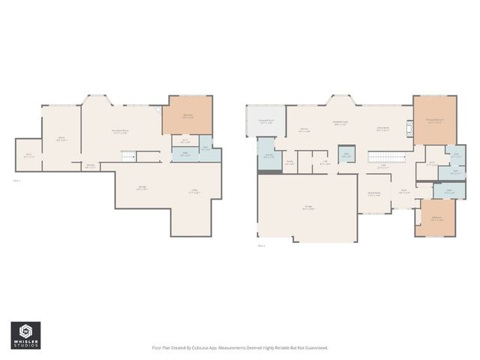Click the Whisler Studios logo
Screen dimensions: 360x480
[25, 333]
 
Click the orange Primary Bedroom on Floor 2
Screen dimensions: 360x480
[434, 120]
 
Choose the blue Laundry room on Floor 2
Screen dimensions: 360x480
[268, 157]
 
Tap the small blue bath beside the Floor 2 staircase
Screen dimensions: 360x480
[346, 156]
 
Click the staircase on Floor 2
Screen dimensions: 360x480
[385, 157]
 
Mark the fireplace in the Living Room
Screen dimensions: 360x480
[410, 129]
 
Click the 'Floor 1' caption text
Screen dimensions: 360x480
[17, 181]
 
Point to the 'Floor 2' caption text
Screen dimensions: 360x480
[261, 245]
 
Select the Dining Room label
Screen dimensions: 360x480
[373, 193]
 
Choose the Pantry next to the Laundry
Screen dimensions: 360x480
[289, 161]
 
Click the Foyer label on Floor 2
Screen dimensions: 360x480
[403, 190]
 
